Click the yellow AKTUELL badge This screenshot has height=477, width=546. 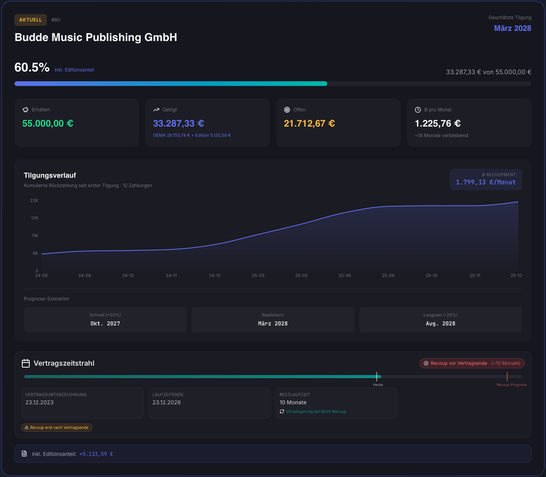30,20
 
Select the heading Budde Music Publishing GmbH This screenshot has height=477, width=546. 96,38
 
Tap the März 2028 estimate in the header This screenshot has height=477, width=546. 512,28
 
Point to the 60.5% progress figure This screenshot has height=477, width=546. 32,68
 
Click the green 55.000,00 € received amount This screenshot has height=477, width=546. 48,123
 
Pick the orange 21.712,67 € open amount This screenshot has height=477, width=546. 309,123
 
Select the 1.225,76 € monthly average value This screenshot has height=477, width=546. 437,123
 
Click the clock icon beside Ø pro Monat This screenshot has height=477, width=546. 418,110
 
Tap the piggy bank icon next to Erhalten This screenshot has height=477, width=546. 25,110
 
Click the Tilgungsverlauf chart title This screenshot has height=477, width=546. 50,175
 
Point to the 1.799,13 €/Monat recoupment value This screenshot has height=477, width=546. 485,182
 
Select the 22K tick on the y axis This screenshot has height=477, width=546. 34,200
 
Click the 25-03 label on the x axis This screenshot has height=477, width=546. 258,275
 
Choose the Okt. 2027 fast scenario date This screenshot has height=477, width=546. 105,323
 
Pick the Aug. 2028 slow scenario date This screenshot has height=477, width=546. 441,323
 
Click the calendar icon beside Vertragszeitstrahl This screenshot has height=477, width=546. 26,363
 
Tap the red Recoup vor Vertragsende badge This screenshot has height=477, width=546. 472,363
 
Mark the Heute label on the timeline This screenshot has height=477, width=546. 378,385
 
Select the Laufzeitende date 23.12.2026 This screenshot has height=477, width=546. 166,402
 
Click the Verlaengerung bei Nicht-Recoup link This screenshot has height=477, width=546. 316,411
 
